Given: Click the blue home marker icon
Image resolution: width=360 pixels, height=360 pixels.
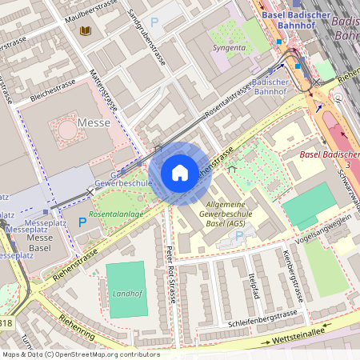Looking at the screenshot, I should point(180,172).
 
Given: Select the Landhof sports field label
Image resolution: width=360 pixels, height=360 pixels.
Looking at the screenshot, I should point(126,293).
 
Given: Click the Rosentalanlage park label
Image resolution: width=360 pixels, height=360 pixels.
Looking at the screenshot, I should point(117,215).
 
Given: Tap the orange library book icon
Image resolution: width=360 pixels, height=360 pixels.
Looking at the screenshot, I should point(86,31).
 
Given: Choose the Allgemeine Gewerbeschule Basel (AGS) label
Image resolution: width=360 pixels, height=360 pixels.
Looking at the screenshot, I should point(226,214).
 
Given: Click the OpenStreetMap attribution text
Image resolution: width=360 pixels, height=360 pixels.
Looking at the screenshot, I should point(81,354).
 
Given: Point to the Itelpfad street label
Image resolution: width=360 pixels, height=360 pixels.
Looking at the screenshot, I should point(254,284).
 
